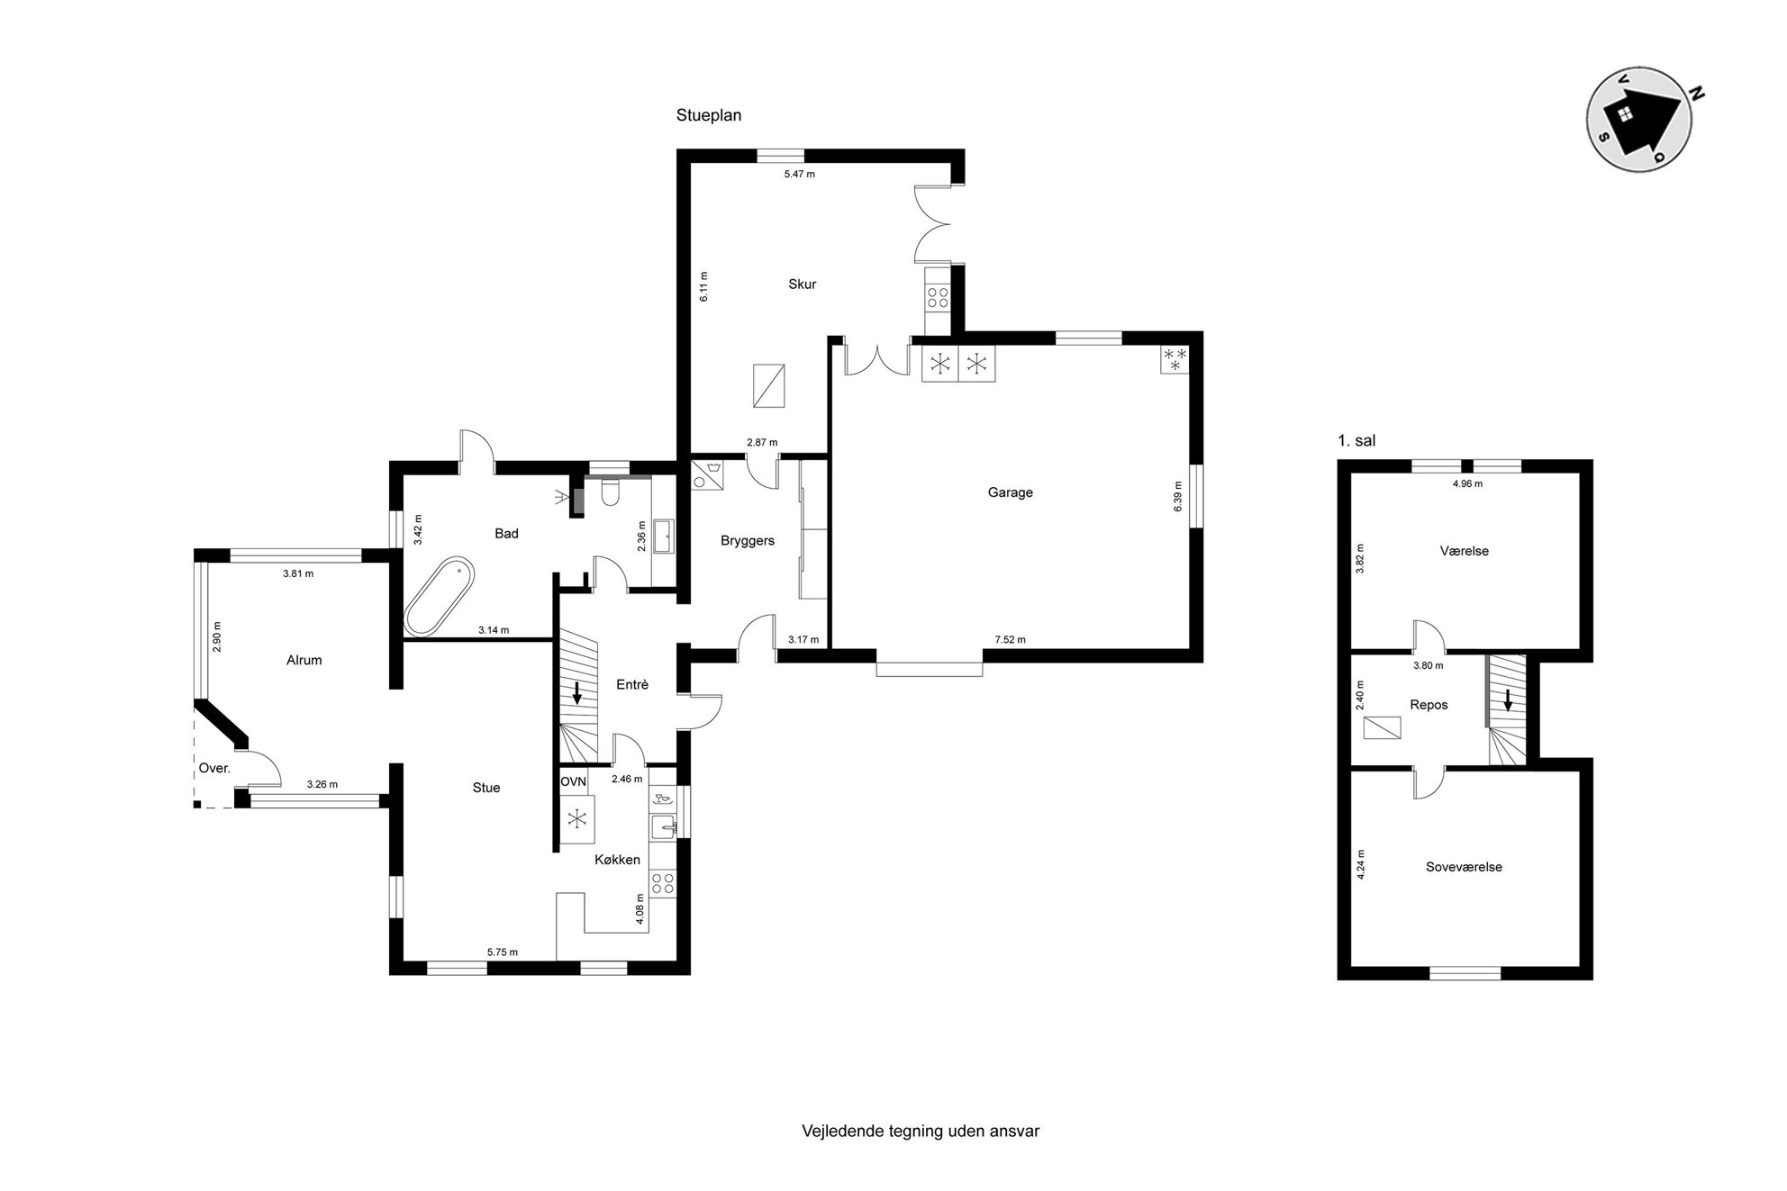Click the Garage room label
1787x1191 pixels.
click(1010, 492)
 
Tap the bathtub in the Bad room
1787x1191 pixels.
click(439, 596)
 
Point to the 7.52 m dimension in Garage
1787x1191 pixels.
click(1010, 640)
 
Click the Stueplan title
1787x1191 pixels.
click(709, 115)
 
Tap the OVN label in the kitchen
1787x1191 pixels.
click(574, 781)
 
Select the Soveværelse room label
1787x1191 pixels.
click(1464, 867)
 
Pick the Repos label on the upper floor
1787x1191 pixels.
click(1429, 704)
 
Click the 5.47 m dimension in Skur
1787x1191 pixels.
click(799, 174)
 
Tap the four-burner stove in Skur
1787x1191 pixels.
click(938, 298)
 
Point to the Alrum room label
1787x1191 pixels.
click(304, 660)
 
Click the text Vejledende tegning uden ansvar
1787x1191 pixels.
click(921, 1131)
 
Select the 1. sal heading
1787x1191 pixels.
click(1356, 441)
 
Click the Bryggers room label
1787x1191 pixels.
click(748, 541)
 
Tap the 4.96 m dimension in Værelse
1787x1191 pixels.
click(1467, 483)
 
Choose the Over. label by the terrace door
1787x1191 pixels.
click(214, 768)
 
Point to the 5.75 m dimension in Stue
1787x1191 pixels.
click(503, 952)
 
